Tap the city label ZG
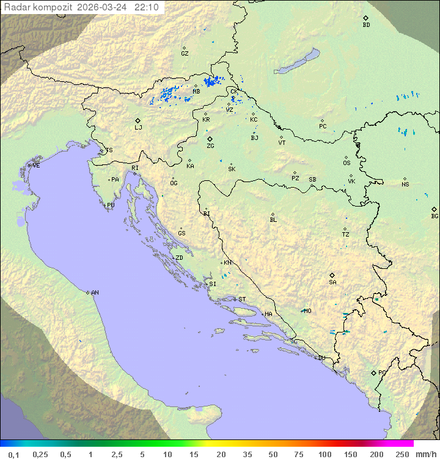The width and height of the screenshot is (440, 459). click(x=210, y=146)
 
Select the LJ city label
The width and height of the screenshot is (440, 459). click(x=138, y=128)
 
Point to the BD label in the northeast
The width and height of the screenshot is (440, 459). click(x=366, y=25)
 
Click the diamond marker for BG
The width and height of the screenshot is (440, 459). click(x=435, y=209)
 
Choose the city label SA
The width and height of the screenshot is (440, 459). click(x=332, y=282)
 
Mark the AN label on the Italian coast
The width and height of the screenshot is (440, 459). click(x=95, y=293)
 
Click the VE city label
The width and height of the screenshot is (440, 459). click(x=36, y=166)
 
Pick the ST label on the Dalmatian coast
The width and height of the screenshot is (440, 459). click(x=242, y=299)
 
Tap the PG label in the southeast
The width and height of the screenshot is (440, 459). click(x=382, y=372)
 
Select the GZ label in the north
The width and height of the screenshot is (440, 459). click(x=185, y=54)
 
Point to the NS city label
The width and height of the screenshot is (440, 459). click(x=405, y=185)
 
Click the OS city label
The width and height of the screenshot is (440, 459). click(x=346, y=163)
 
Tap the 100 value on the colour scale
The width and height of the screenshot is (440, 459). click(x=324, y=454)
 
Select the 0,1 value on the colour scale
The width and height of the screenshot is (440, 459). click(x=13, y=454)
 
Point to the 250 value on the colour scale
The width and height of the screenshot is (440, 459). click(x=402, y=454)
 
